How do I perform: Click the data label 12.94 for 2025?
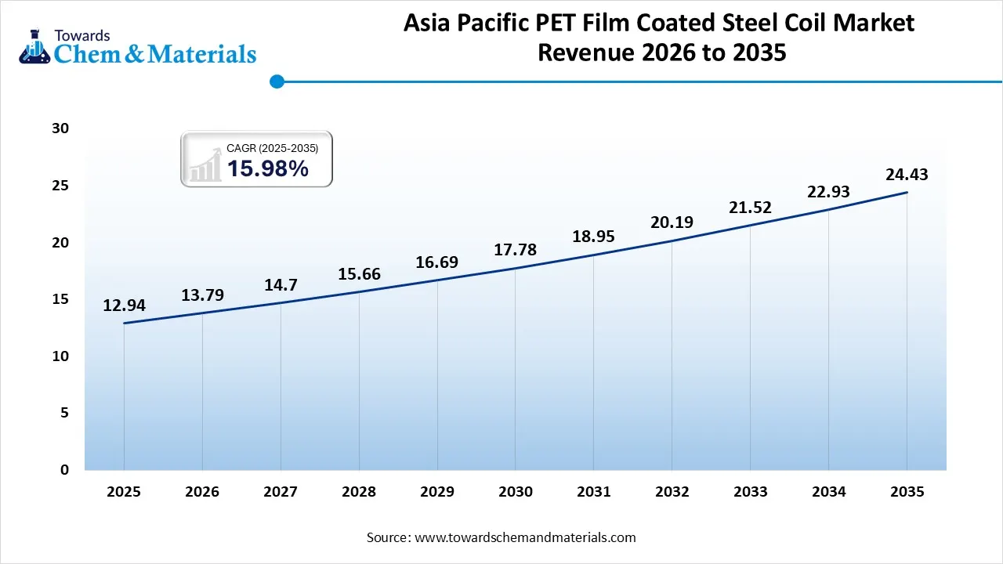(124, 305)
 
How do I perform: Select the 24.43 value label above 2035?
(907, 175)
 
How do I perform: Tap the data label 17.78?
(515, 250)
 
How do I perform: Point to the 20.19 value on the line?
(672, 222)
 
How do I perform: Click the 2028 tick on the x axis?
(359, 492)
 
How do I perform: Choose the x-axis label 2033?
(750, 492)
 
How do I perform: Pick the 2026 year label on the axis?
(202, 492)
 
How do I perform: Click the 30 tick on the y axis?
(61, 128)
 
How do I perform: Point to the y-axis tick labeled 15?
(61, 299)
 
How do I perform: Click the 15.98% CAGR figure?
(267, 168)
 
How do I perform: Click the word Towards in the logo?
(81, 35)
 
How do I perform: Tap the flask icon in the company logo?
(34, 47)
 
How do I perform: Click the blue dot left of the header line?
(276, 81)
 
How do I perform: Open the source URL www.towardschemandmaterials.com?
(524, 537)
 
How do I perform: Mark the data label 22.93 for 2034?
(828, 192)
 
